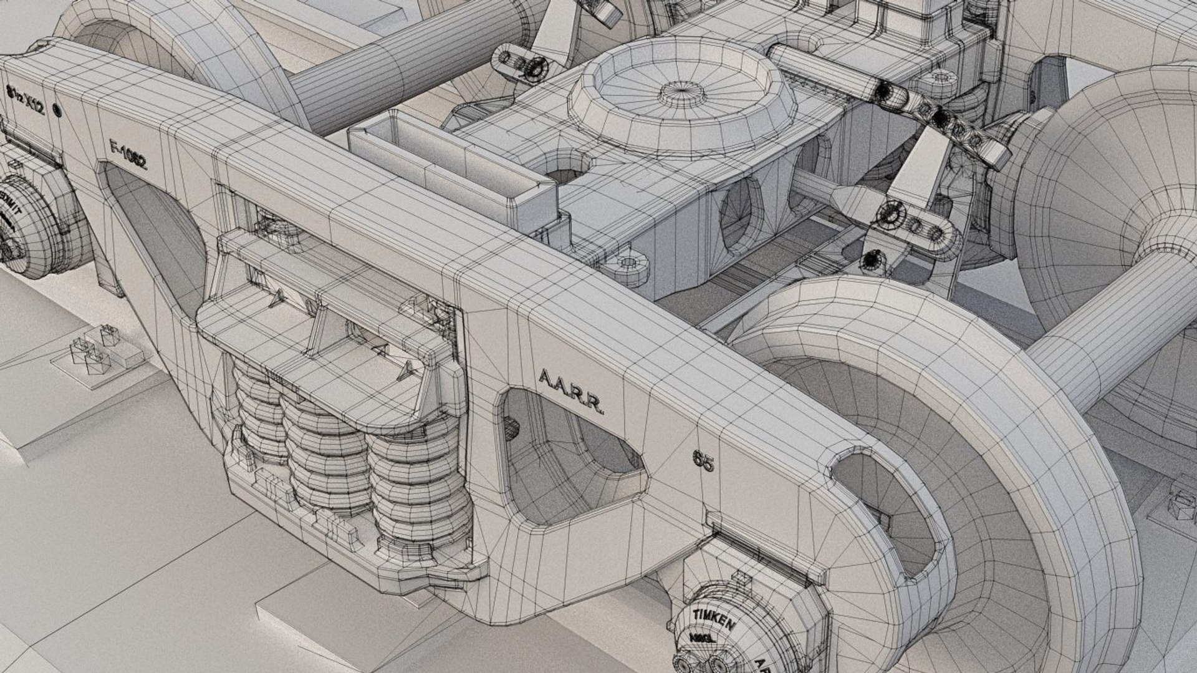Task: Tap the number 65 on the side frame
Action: tap(703, 461)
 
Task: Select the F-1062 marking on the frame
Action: tap(127, 156)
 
